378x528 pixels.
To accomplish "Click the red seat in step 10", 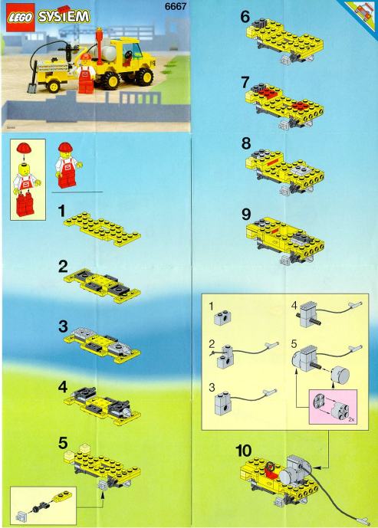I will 268,471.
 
